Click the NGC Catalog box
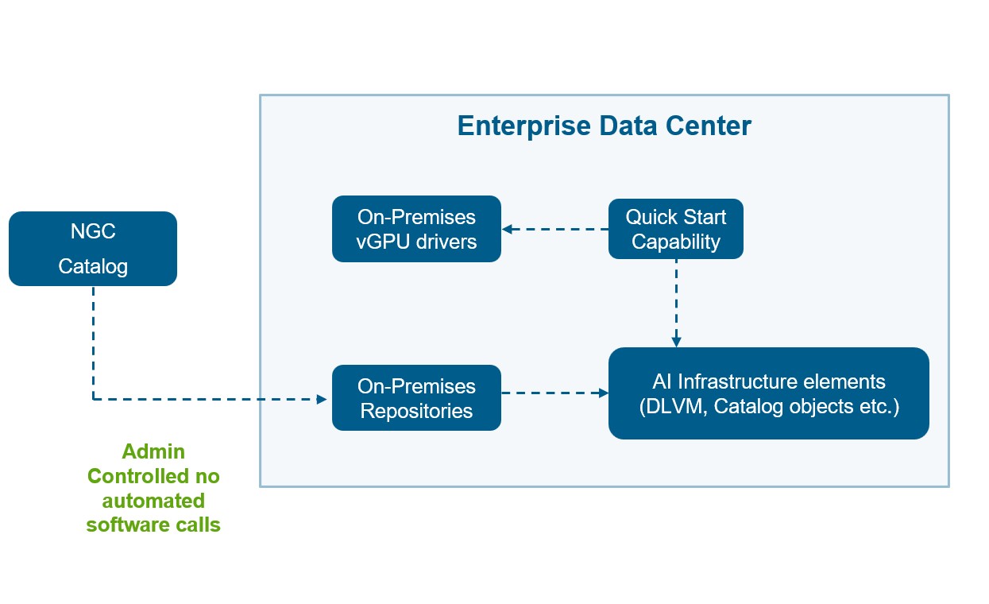(x=93, y=249)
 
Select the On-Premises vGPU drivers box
(x=416, y=229)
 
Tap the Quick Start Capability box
(x=675, y=229)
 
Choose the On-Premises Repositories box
(x=416, y=398)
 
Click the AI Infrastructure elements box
(x=768, y=393)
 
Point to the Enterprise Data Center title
(x=604, y=126)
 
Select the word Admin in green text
(x=153, y=451)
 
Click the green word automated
(x=153, y=501)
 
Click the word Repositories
(x=416, y=411)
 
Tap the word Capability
(x=675, y=241)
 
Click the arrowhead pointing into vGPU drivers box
(x=507, y=230)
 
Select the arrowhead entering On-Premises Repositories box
(x=322, y=399)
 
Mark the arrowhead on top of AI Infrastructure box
(x=676, y=342)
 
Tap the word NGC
(x=93, y=231)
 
